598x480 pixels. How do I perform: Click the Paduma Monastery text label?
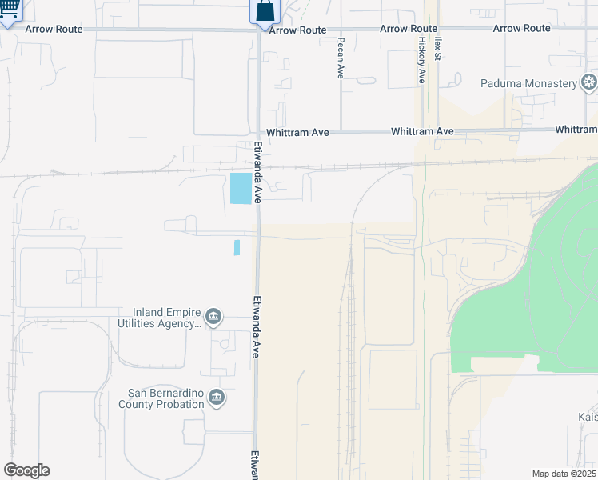point(528,83)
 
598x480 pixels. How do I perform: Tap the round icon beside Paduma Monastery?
point(589,82)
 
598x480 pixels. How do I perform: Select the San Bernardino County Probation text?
point(165,398)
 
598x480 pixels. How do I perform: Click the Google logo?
point(26,470)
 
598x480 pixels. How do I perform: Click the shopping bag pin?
point(265,12)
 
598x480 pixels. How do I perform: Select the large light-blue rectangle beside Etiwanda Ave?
point(240,188)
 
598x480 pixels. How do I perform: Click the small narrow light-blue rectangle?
point(237,247)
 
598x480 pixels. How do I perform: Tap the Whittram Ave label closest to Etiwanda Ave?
point(301,131)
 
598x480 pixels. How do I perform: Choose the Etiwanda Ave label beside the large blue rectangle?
point(258,172)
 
